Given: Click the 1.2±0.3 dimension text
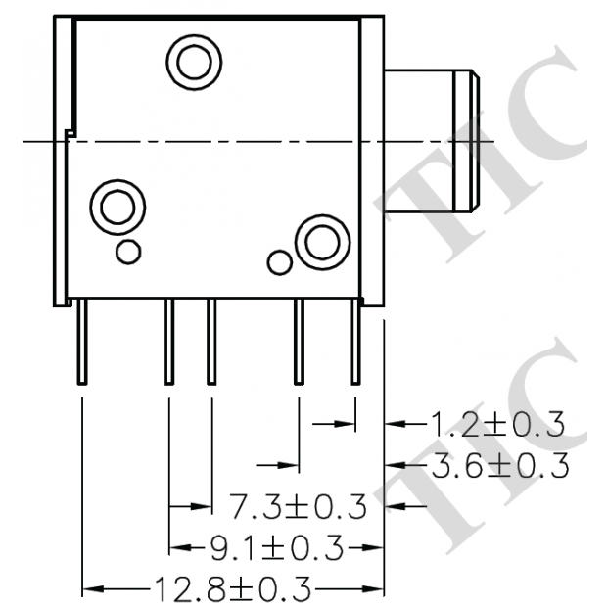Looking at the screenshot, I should click(496, 424).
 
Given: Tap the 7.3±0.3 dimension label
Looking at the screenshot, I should click(298, 507).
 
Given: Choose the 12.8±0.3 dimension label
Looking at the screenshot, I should click(232, 589).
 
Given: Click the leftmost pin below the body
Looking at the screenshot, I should click(82, 343).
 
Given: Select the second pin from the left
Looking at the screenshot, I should click(168, 343).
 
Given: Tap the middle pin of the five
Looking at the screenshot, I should click(210, 343).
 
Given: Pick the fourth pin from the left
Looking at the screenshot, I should click(299, 343).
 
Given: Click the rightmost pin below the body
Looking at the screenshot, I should click(354, 343).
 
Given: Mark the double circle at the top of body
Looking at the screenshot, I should click(192, 63).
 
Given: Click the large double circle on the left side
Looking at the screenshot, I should click(117, 207).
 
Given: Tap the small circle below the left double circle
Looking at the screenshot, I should click(126, 252).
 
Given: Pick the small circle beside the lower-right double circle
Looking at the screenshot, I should click(280, 262).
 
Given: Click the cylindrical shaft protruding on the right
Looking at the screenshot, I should click(431, 141).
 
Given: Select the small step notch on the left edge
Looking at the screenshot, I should click(69, 131).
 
